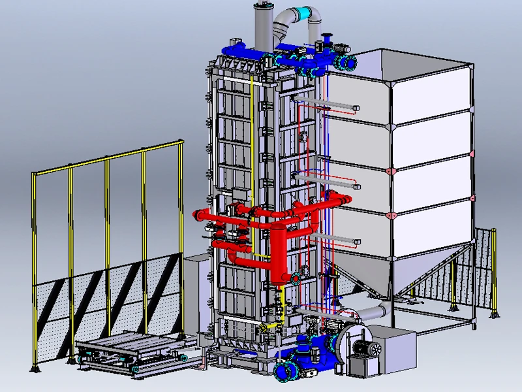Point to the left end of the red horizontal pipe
198,214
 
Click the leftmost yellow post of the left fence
35,268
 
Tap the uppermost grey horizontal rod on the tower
326,104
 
